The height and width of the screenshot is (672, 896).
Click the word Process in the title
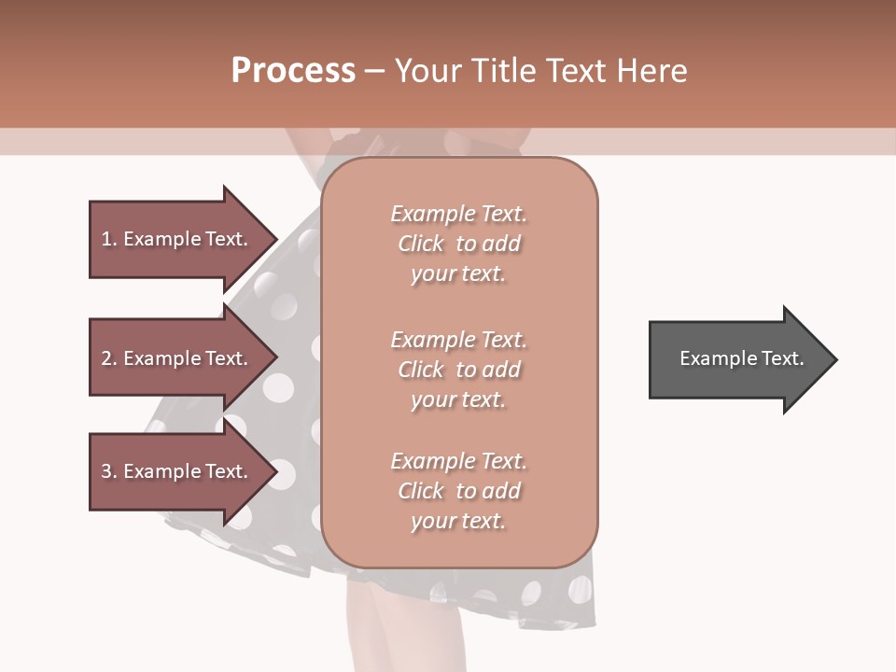point(293,71)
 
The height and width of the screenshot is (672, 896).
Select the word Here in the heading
point(652,71)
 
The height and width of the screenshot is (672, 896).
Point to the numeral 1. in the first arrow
point(109,239)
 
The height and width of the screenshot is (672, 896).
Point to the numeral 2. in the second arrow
point(109,358)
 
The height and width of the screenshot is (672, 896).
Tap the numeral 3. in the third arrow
point(109,471)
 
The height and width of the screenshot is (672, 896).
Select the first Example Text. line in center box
point(458,214)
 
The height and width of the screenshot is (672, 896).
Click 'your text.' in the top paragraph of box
point(458,274)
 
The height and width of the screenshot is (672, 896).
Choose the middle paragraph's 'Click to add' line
point(458,370)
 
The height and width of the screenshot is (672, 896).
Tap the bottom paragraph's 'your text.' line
point(458,521)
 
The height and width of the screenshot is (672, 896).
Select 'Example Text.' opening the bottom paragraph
point(458,461)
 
